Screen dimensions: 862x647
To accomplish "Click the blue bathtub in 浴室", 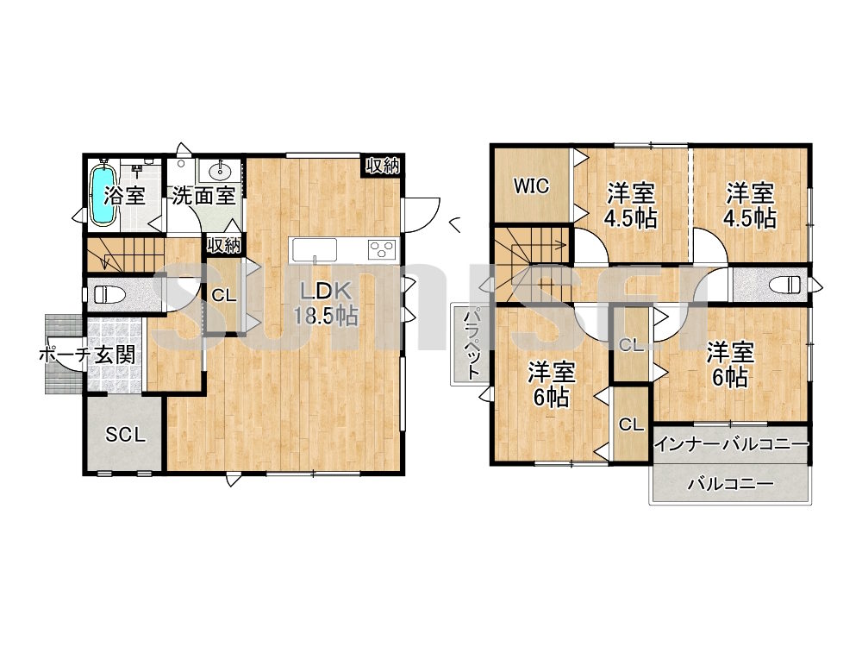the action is point(103,195).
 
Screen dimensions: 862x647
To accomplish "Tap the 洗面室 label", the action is point(203,195).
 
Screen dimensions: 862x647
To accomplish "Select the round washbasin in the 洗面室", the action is point(221,171).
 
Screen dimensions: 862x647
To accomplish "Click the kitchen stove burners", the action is point(382,250).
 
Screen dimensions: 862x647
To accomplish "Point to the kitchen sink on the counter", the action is point(315,251).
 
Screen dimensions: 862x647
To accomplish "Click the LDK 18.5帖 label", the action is point(326,305).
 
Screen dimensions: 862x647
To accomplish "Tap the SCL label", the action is point(125,435).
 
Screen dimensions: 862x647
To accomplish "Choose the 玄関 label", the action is point(115,355).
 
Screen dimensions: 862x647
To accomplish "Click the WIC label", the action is point(531,186).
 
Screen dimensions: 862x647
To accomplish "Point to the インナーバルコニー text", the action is point(733,443).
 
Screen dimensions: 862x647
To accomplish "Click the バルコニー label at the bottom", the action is point(731,484).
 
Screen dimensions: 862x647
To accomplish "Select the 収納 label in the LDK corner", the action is point(383,165).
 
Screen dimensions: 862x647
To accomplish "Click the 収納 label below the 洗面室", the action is point(224,245).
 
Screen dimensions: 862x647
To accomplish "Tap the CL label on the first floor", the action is point(224,295).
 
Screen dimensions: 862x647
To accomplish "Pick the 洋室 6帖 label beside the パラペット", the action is point(552,385).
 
